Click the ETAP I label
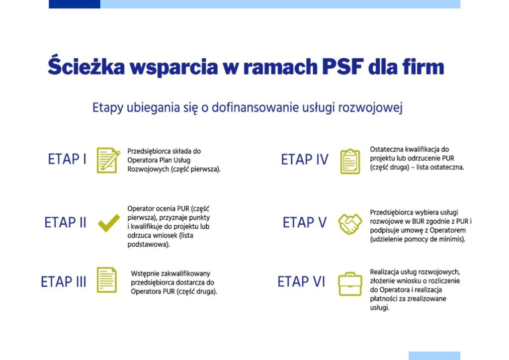point(67,159)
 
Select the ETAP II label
point(65,222)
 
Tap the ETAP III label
point(64,281)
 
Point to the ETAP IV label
point(305,160)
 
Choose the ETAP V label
point(305,222)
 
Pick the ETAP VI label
point(301,281)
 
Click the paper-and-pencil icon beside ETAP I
point(108,160)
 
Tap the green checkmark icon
point(109,223)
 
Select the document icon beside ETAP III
point(107,280)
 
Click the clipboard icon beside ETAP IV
point(350,161)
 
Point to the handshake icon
point(350,224)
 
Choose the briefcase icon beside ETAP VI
point(350,284)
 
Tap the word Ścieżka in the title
point(86,66)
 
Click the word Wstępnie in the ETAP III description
point(144,274)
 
